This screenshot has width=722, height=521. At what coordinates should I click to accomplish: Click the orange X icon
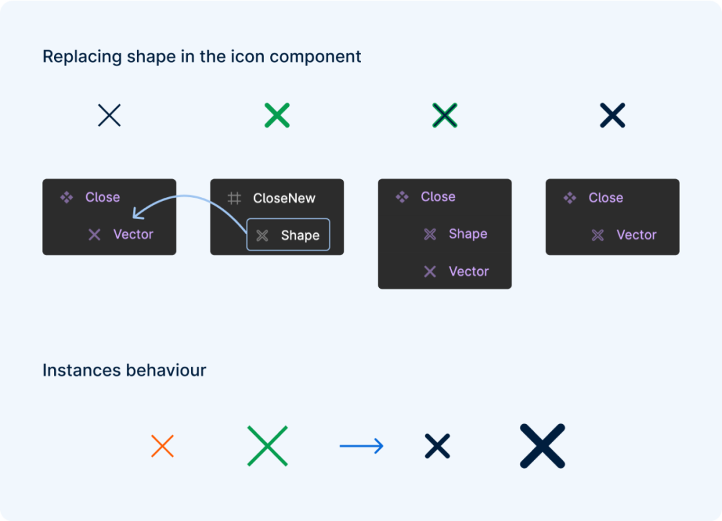pyautogui.click(x=162, y=446)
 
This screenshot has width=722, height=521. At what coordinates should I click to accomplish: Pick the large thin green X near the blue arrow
pyautogui.click(x=267, y=446)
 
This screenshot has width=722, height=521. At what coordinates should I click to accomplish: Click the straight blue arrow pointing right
pyautogui.click(x=362, y=446)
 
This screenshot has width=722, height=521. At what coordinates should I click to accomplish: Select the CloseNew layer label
pyautogui.click(x=284, y=198)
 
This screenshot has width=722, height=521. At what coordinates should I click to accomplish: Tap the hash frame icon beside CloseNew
pyautogui.click(x=235, y=198)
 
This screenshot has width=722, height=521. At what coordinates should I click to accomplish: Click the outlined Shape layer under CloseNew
pyautogui.click(x=288, y=234)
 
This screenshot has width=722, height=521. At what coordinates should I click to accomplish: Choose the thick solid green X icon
pyautogui.click(x=277, y=115)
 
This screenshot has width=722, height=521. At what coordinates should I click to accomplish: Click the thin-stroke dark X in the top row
pyautogui.click(x=110, y=115)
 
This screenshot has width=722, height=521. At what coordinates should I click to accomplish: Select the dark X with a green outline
pyautogui.click(x=445, y=115)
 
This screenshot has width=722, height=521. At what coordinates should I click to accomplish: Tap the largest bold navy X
pyautogui.click(x=542, y=446)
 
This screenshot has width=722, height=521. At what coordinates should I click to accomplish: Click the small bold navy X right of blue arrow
pyautogui.click(x=437, y=446)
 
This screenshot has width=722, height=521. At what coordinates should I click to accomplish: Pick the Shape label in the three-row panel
pyautogui.click(x=468, y=234)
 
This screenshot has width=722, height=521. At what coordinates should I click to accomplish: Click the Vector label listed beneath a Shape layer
pyautogui.click(x=469, y=272)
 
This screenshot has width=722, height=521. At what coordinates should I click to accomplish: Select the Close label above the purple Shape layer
pyautogui.click(x=438, y=197)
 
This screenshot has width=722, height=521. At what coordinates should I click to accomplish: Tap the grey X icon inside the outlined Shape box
pyautogui.click(x=263, y=236)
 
